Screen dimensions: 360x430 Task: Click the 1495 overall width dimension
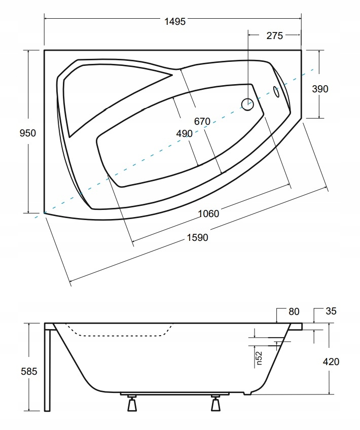coord(175,21)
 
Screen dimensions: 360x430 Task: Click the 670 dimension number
coord(201,122)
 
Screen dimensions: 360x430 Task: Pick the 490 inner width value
coord(184,133)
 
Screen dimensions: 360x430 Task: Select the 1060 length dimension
coord(208,213)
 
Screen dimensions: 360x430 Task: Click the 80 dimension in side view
coord(294,311)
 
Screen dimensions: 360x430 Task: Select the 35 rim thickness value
coord(332,311)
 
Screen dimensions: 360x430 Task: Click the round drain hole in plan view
coord(247,104)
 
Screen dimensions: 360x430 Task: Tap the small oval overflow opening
coord(276,92)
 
